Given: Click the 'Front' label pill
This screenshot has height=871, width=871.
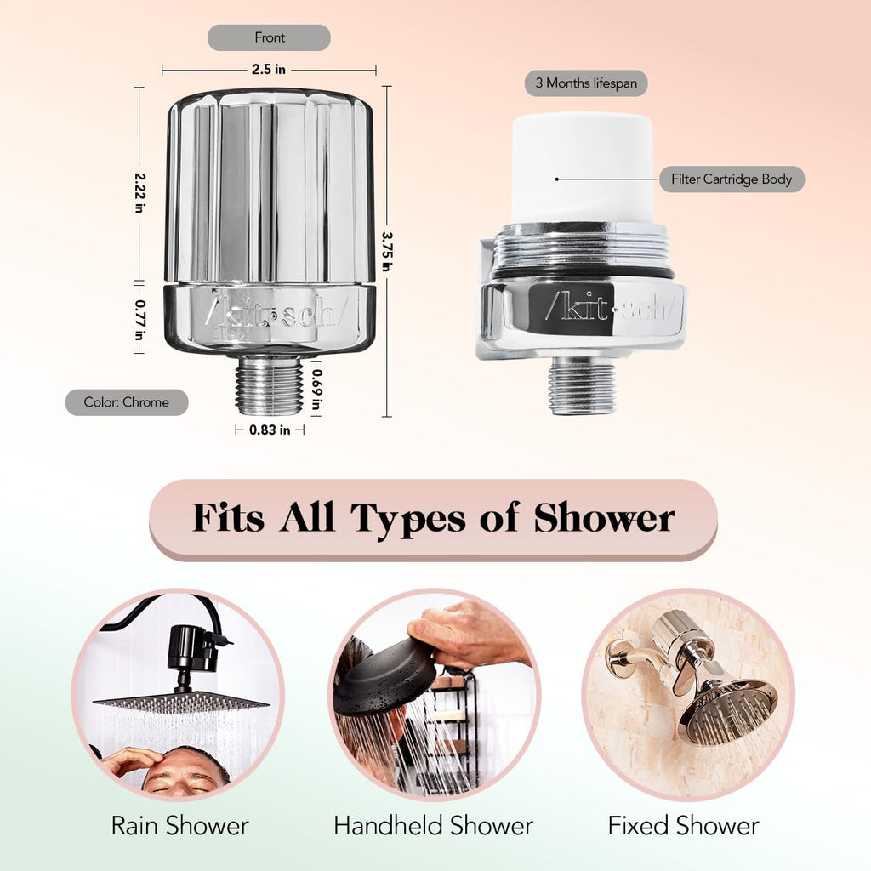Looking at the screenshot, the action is pyautogui.click(x=269, y=37).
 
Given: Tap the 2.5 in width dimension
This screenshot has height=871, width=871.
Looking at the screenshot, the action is pyautogui.click(x=269, y=70).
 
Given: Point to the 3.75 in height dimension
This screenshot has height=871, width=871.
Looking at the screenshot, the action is pyautogui.click(x=387, y=251).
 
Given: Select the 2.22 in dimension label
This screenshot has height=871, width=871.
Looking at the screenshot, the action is pyautogui.click(x=139, y=193).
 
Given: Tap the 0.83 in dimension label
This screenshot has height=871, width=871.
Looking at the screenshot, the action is pyautogui.click(x=270, y=430).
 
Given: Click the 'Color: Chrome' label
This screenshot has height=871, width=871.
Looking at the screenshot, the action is pyautogui.click(x=127, y=402).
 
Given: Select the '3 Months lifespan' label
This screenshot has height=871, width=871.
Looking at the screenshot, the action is pyautogui.click(x=586, y=83).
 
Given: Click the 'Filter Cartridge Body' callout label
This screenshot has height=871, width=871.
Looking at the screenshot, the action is pyautogui.click(x=731, y=179).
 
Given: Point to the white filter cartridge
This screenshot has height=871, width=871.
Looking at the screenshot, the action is pyautogui.click(x=583, y=169).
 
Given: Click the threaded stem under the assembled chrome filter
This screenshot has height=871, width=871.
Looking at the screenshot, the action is pyautogui.click(x=269, y=385).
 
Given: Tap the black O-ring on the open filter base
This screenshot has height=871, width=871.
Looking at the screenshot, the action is pyautogui.click(x=583, y=273).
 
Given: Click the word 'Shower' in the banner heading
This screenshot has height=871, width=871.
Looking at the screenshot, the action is pyautogui.click(x=605, y=519).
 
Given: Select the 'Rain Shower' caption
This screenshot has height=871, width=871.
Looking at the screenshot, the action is pyautogui.click(x=180, y=825).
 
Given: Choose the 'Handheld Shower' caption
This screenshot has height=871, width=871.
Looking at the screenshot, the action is pyautogui.click(x=433, y=825).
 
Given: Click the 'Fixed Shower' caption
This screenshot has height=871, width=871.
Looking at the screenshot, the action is pyautogui.click(x=684, y=825).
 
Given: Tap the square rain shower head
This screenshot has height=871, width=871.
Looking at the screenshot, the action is pyautogui.click(x=180, y=703).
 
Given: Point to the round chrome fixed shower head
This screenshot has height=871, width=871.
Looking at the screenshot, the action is pyautogui.click(x=729, y=712).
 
